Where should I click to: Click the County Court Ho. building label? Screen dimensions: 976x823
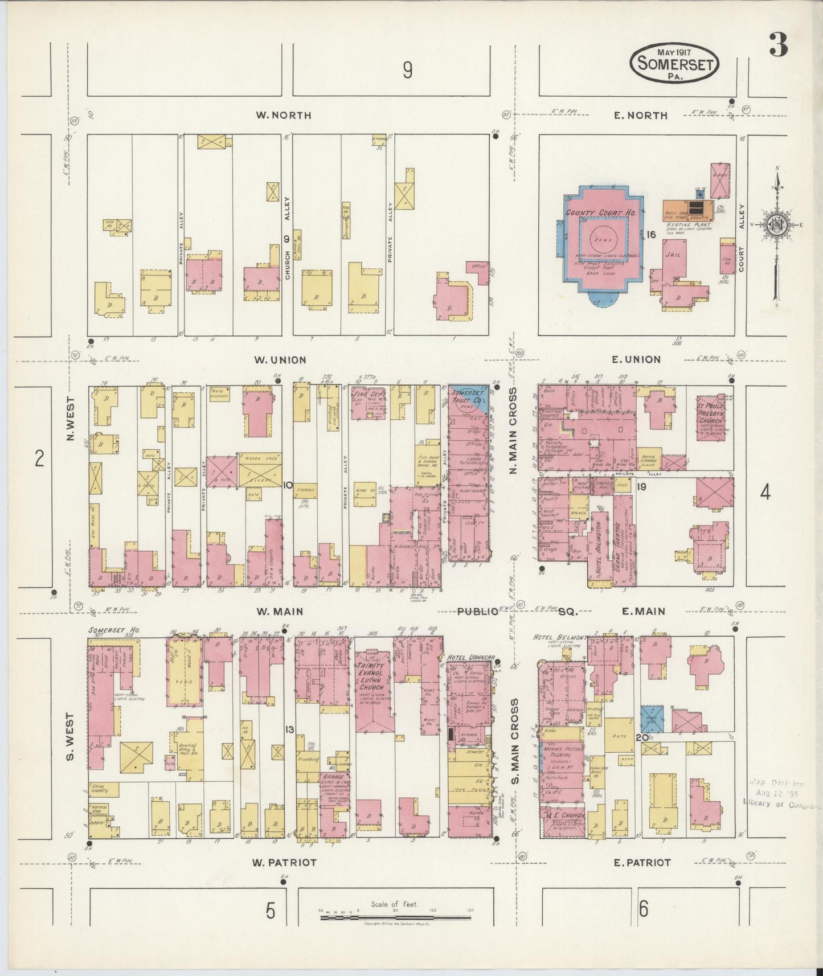(600, 213)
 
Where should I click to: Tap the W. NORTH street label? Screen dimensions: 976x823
(283, 115)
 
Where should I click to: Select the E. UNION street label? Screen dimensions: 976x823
(637, 359)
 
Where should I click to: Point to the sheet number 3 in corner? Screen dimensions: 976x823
(779, 46)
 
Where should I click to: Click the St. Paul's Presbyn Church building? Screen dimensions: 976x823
(713, 417)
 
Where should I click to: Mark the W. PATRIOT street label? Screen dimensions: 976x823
(284, 862)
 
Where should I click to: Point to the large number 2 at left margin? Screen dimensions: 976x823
(39, 458)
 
